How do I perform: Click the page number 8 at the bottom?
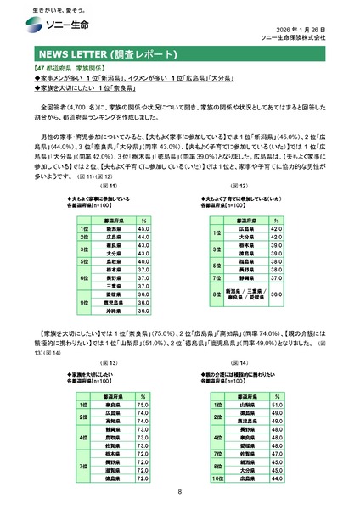[180, 492]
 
